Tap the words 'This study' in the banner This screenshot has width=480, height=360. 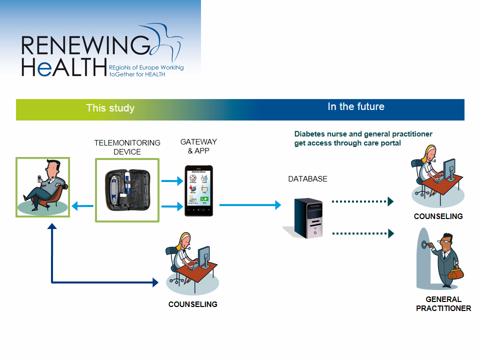[x=110, y=108]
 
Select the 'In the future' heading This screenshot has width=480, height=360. [x=356, y=106]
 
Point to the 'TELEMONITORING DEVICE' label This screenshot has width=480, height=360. [x=127, y=147]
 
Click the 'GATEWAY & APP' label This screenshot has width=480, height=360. [x=198, y=146]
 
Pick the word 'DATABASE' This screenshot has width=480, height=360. [x=307, y=179]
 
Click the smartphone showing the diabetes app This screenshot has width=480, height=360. [x=198, y=190]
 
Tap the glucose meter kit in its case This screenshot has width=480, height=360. [x=127, y=190]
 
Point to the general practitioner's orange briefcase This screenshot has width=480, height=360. [x=455, y=273]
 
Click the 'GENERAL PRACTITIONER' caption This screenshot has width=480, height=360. [x=443, y=304]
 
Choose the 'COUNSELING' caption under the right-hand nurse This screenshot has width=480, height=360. [x=438, y=216]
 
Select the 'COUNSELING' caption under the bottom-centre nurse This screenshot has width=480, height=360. [x=192, y=304]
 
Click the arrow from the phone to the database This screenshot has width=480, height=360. [x=250, y=204]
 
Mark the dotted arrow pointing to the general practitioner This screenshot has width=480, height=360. [x=363, y=233]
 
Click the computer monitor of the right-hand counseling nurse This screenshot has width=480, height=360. [x=449, y=170]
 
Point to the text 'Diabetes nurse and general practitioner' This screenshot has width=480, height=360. [x=363, y=134]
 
